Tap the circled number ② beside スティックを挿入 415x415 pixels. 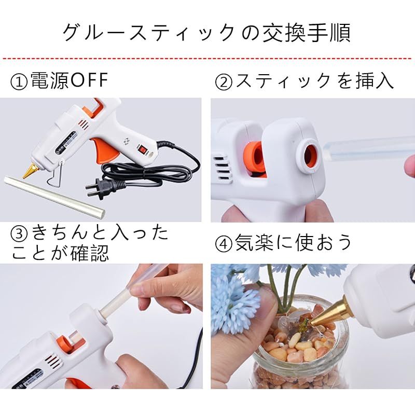tap(224, 82)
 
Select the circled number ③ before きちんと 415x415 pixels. tap(19, 234)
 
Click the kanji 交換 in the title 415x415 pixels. tap(281, 33)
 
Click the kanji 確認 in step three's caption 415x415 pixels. tap(90, 253)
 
